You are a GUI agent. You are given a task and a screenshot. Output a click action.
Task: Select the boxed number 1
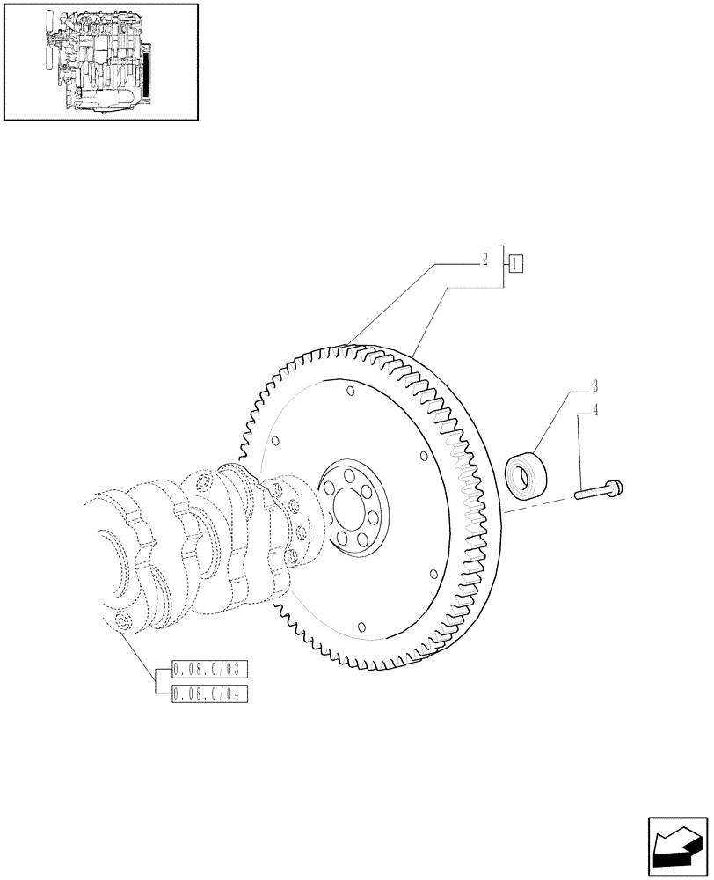pos(515,261)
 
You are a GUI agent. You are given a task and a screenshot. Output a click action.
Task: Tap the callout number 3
pos(595,386)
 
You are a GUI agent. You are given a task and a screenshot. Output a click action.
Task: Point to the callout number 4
pos(595,409)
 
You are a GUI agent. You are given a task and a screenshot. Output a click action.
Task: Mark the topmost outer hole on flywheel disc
pos(350,391)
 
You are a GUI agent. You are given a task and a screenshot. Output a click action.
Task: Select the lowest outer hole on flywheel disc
pos(361,627)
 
